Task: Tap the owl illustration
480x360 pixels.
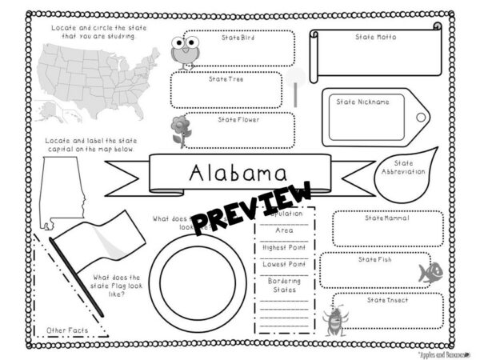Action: [185, 51]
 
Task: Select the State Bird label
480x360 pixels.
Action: [238, 38]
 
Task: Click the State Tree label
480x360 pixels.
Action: [226, 79]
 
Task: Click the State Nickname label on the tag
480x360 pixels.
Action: [362, 102]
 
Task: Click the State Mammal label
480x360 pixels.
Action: [386, 218]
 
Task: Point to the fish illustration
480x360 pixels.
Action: [430, 271]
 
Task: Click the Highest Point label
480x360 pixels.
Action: [284, 247]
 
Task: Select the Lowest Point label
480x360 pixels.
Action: [284, 263]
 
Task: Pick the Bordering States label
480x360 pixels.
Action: [284, 286]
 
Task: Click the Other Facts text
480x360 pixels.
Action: [66, 330]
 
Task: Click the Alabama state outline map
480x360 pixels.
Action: [61, 188]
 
